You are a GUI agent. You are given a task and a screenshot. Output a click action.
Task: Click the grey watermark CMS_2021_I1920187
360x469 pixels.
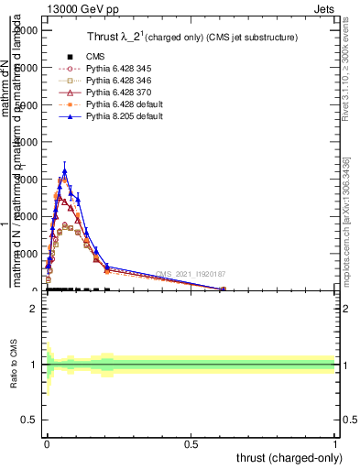pos(191,273)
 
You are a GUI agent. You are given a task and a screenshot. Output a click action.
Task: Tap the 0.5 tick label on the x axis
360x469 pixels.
pos(191,442)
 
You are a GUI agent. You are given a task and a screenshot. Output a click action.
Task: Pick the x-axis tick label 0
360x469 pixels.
pos(47,442)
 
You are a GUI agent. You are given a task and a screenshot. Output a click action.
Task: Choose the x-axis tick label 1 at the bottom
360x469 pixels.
pos(335,442)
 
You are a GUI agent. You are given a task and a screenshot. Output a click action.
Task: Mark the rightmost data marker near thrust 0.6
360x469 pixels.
pos(223,289)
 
